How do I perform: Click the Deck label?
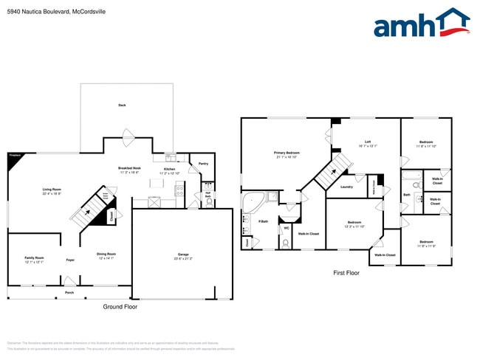coord(122,105)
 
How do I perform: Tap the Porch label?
coord(69,292)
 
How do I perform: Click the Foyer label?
coord(70,260)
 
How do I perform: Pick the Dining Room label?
coord(107,256)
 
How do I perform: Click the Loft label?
coord(367,144)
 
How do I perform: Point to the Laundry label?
coord(346,187)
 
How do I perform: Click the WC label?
coord(286,228)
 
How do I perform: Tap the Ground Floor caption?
coord(120,306)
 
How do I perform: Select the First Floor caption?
coord(346,273)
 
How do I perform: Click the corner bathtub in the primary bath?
coord(254,201)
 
